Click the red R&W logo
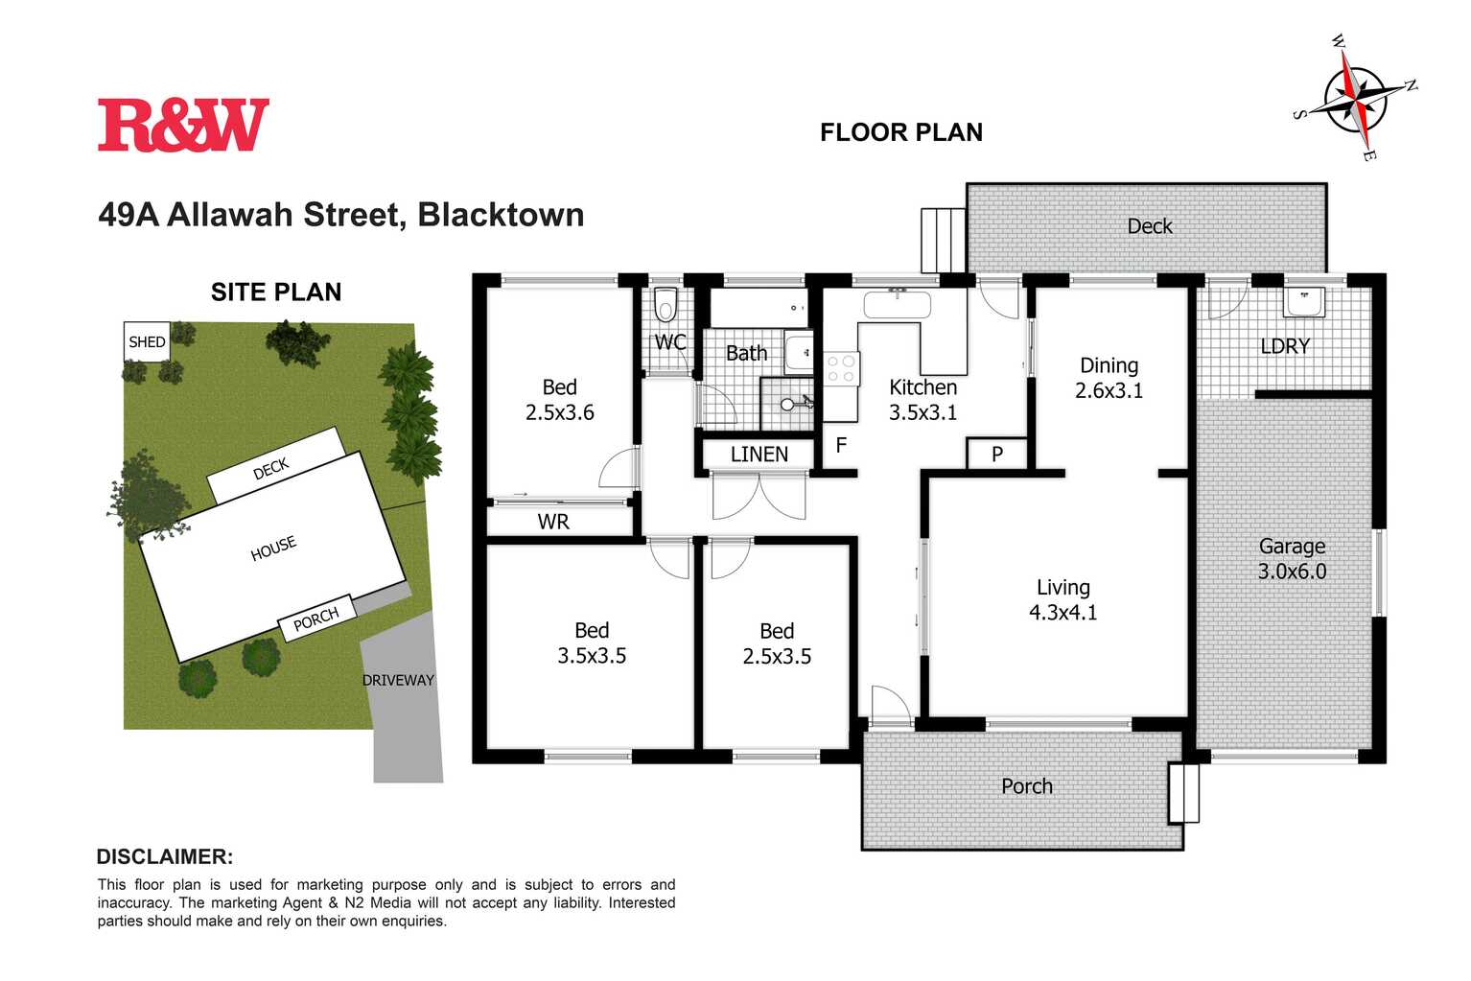[x=183, y=125]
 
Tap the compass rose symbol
[x=1354, y=97]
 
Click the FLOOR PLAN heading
[x=900, y=132]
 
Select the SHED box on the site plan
[x=147, y=341]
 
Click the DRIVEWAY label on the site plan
[x=398, y=680]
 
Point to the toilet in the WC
[x=665, y=306]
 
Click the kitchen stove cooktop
[x=841, y=368]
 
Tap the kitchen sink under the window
[x=897, y=305]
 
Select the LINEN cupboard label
[x=759, y=454]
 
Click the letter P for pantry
[x=996, y=454]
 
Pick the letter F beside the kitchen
[x=841, y=445]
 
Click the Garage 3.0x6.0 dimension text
[x=1292, y=572]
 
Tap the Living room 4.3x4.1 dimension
[x=1062, y=612]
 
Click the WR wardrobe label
[x=553, y=522]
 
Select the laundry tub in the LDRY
[x=1304, y=301]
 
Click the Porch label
[x=1026, y=786]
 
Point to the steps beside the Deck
[x=943, y=241]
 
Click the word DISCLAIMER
[x=165, y=856]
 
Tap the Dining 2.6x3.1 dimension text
[x=1109, y=390]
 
